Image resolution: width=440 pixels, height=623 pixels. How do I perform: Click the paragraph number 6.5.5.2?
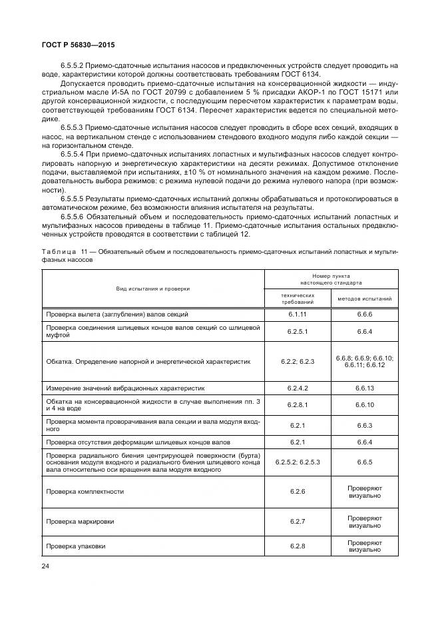tap(74, 65)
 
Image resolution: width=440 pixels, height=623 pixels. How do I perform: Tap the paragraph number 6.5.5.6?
tap(74, 217)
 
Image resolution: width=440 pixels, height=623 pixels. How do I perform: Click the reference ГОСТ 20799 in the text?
tap(172, 83)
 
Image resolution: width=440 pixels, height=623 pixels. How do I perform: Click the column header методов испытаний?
tap(365, 299)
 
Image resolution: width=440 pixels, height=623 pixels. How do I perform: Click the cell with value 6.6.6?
tap(365, 314)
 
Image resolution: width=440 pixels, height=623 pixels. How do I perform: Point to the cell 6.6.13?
tap(365, 387)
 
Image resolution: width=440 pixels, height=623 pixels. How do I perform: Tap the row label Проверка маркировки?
tap(76, 519)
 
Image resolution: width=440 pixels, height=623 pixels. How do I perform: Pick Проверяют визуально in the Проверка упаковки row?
tap(365, 546)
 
